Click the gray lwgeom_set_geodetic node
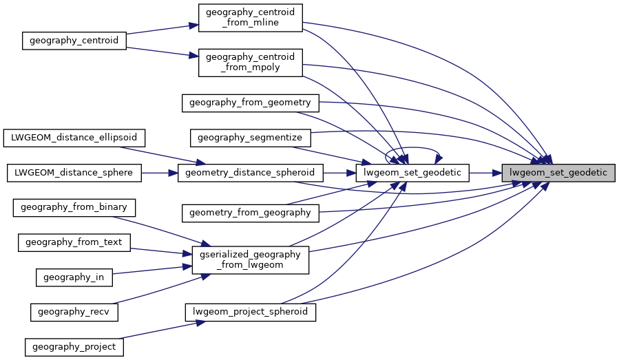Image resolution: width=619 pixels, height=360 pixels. point(558,172)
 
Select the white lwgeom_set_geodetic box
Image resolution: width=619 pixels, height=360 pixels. point(412,172)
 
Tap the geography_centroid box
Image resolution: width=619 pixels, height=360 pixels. point(74,41)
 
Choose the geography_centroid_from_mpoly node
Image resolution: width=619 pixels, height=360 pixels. point(250,63)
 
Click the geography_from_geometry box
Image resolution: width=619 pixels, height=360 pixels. point(250,103)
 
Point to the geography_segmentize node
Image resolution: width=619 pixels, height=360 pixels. point(250,138)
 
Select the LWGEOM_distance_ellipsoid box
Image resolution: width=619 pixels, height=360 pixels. point(74,138)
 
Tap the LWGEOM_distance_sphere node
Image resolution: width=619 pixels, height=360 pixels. point(74,172)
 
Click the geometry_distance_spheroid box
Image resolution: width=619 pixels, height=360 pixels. point(250,172)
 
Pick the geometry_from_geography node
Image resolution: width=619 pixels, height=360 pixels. point(250,213)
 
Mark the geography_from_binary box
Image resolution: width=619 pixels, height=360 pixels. point(74,207)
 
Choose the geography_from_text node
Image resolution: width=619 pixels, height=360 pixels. point(74,242)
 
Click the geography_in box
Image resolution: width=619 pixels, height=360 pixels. point(74,277)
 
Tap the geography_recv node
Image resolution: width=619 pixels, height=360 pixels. point(74,312)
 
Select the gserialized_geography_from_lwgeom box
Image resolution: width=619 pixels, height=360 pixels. point(250,260)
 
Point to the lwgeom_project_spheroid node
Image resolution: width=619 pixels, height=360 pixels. point(250,312)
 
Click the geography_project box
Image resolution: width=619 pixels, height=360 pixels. point(74,346)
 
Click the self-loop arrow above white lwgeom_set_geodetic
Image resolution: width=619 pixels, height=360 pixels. point(412,145)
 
